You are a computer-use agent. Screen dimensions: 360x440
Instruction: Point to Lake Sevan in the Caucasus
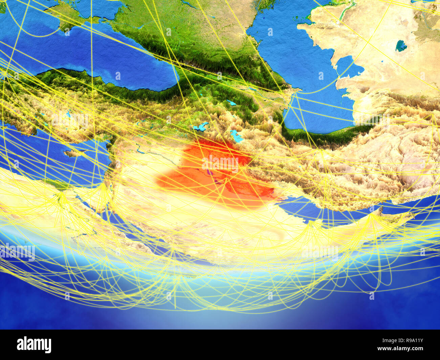pyautogui.click(x=232, y=103)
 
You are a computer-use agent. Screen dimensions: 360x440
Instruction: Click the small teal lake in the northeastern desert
pyautogui.click(x=401, y=46)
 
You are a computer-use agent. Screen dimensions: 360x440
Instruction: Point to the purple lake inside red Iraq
pyautogui.click(x=210, y=173)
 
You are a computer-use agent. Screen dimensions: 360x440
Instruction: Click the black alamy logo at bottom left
pyautogui.click(x=34, y=345)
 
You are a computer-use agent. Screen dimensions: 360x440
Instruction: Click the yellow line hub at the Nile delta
pyautogui.click(x=61, y=194)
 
